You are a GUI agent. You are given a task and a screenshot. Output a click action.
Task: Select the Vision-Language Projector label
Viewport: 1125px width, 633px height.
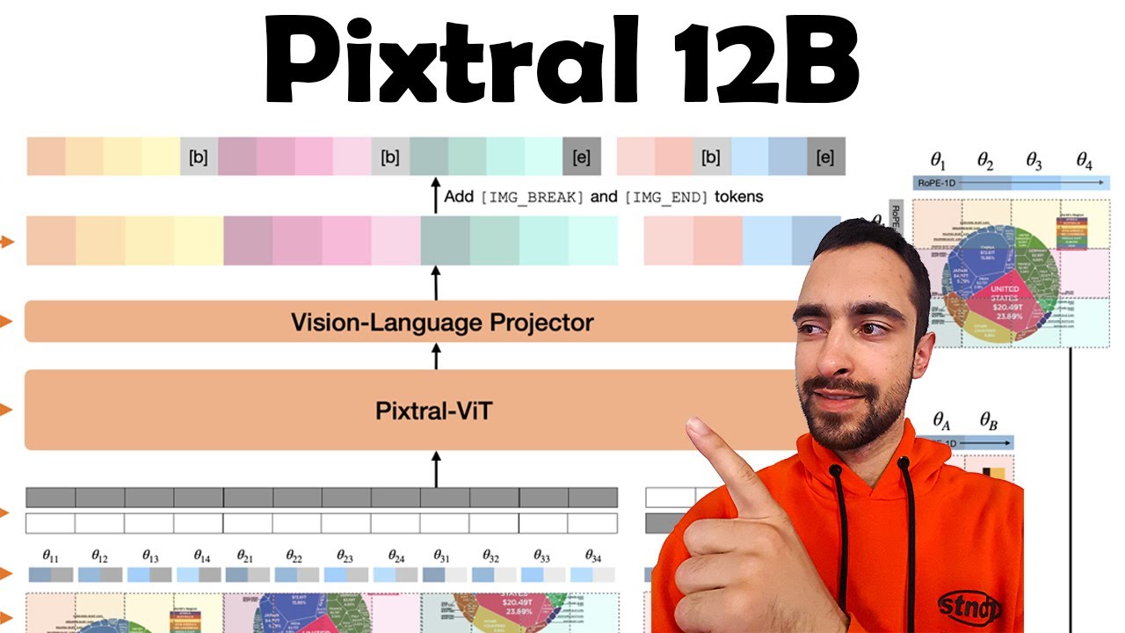click(x=442, y=323)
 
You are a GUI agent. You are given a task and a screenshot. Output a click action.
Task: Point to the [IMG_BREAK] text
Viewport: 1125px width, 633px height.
click(x=532, y=197)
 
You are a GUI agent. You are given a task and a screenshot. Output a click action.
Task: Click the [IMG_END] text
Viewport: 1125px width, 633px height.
click(x=666, y=197)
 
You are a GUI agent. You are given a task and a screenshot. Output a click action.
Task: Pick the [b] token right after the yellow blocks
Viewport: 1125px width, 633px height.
click(x=199, y=157)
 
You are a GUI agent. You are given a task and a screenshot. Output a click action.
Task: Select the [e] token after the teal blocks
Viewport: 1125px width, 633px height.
click(x=581, y=157)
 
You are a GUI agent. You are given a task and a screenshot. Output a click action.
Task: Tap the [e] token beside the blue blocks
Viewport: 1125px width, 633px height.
click(x=824, y=157)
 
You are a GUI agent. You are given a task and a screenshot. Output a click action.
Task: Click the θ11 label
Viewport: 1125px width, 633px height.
click(x=51, y=557)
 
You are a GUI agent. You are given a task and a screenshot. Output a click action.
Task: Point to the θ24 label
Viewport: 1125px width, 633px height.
click(x=396, y=557)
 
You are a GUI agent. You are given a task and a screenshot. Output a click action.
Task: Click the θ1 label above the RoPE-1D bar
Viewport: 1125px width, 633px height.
click(x=939, y=161)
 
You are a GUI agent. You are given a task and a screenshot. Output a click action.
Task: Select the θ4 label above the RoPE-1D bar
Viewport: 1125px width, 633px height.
click(x=1085, y=161)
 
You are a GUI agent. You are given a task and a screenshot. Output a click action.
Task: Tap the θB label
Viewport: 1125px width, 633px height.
click(x=989, y=421)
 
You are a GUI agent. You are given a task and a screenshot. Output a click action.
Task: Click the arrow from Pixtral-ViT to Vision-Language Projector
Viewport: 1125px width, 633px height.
click(x=436, y=356)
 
